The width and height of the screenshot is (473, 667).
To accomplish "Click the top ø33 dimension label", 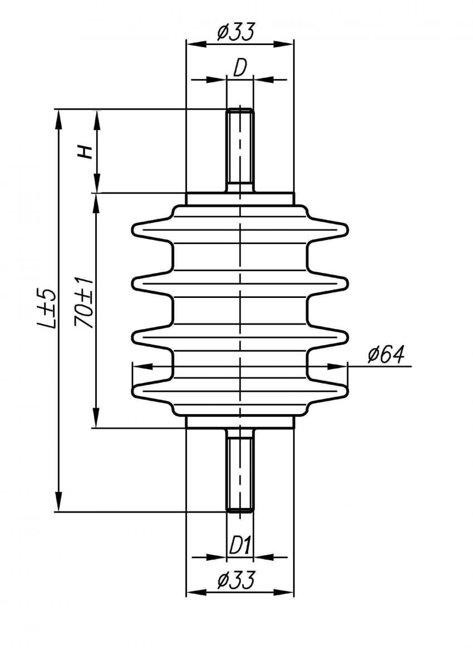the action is click(x=235, y=32).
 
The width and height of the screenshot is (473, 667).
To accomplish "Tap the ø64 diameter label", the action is click(x=386, y=355).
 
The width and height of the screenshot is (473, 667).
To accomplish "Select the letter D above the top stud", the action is click(x=240, y=68).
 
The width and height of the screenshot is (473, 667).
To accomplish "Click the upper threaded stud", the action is click(x=240, y=151).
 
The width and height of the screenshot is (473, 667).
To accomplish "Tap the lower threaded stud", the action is click(x=240, y=471).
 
